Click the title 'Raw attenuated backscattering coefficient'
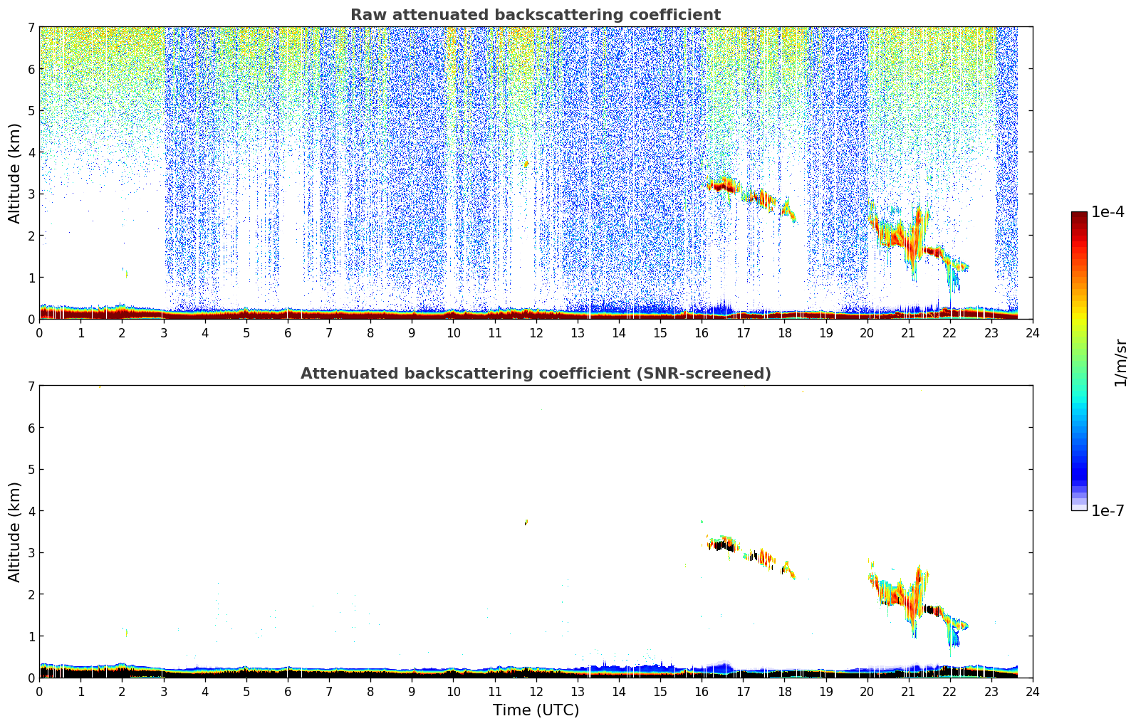pos(535,15)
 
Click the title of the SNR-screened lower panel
pos(535,374)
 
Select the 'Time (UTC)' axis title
pos(536,710)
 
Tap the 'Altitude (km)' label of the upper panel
pos(14,173)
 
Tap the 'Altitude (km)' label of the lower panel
pos(14,532)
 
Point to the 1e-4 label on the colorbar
pos(1108,212)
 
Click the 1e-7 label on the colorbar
pos(1108,510)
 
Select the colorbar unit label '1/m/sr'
pos(1120,362)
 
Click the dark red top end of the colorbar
pos(1078,215)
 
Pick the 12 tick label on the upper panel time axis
pos(536,332)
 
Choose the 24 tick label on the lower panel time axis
pos(1033,691)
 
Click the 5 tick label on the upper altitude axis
pos(31,111)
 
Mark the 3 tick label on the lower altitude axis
pos(31,553)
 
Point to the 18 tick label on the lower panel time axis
pos(784,691)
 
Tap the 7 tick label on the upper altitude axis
pos(31,28)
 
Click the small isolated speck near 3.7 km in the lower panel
pos(526,522)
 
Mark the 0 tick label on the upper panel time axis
pos(39,332)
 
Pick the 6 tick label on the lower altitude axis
pos(31,428)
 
